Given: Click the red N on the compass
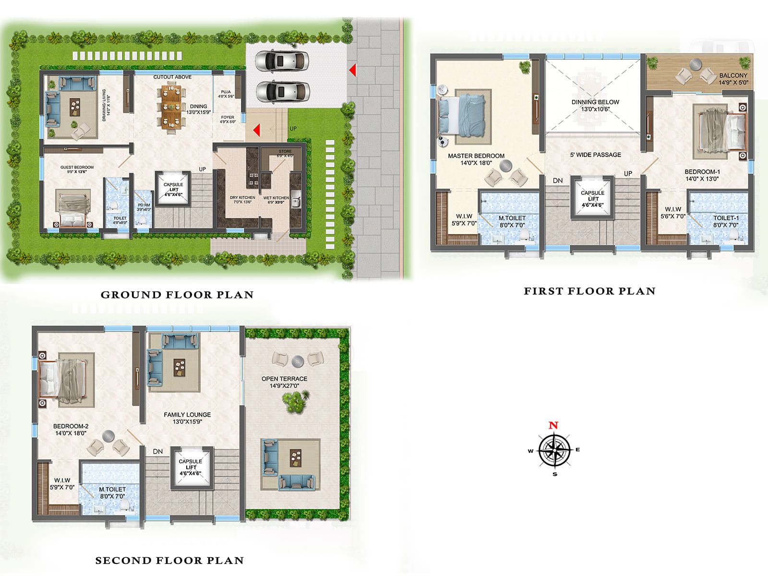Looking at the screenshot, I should (553, 425).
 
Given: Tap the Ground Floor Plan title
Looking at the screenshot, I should (177, 295).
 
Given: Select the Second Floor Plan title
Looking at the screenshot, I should (169, 560).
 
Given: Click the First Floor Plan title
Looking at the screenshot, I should (589, 291).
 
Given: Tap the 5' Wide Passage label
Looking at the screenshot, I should (595, 155).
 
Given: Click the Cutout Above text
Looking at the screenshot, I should (172, 77).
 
